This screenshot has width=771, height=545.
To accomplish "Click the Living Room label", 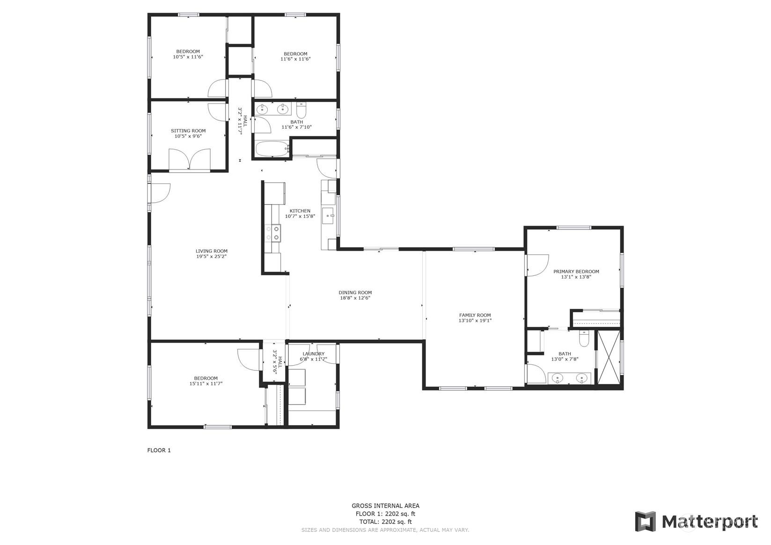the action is click(211, 251).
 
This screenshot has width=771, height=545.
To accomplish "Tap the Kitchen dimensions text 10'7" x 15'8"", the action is click(300, 216).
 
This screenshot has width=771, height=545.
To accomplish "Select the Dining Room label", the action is click(355, 293).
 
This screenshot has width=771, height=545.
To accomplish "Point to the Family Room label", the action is click(475, 315).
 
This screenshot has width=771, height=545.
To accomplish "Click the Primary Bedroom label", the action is click(576, 271).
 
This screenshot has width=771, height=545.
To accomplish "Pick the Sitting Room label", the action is click(188, 131).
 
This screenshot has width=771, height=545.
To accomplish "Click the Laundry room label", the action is click(314, 354).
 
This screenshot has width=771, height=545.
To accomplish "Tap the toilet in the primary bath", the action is click(584, 339).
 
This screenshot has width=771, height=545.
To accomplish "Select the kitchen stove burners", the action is click(272, 233).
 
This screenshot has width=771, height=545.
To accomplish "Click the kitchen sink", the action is click(328, 216).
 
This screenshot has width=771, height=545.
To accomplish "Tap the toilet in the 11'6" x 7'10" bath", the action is click(301, 110).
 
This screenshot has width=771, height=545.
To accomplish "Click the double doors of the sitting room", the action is click(190, 159).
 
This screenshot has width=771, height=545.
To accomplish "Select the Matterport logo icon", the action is click(645, 522).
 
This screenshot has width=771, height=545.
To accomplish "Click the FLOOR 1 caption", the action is click(159, 450).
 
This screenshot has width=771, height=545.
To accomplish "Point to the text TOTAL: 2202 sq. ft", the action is click(386, 522).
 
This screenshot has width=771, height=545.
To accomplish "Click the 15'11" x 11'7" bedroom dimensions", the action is click(206, 383).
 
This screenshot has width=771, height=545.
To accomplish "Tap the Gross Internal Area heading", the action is click(386, 506).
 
